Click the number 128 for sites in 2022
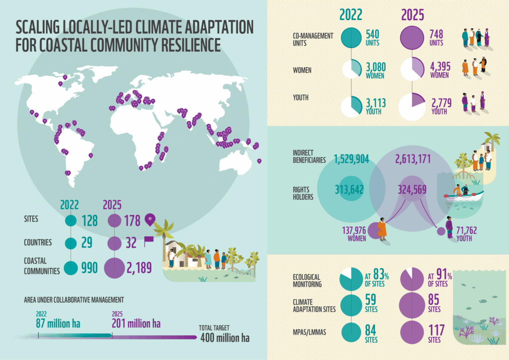click(89, 220)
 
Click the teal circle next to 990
click(71, 268)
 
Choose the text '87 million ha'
click(58, 324)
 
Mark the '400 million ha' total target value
click(225, 338)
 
